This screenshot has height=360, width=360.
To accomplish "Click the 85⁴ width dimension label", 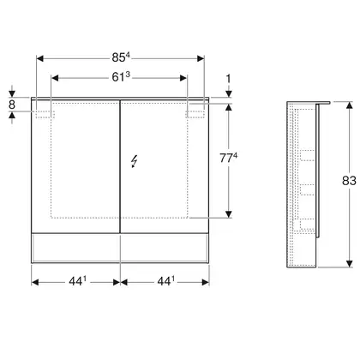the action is point(121,57).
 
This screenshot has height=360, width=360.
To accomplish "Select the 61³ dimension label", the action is point(121,76).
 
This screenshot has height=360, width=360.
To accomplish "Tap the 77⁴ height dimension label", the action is point(229,158).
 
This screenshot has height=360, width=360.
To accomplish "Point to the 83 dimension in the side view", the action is point(349,181).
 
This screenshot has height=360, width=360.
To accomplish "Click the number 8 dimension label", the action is point(12,105).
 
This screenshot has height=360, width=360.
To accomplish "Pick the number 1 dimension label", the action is point(228,79).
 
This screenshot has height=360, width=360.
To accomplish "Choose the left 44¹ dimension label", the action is point(77,281).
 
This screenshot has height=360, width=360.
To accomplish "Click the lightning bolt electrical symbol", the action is point(134,161).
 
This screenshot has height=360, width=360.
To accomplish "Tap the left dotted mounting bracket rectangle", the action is point(45,114).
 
